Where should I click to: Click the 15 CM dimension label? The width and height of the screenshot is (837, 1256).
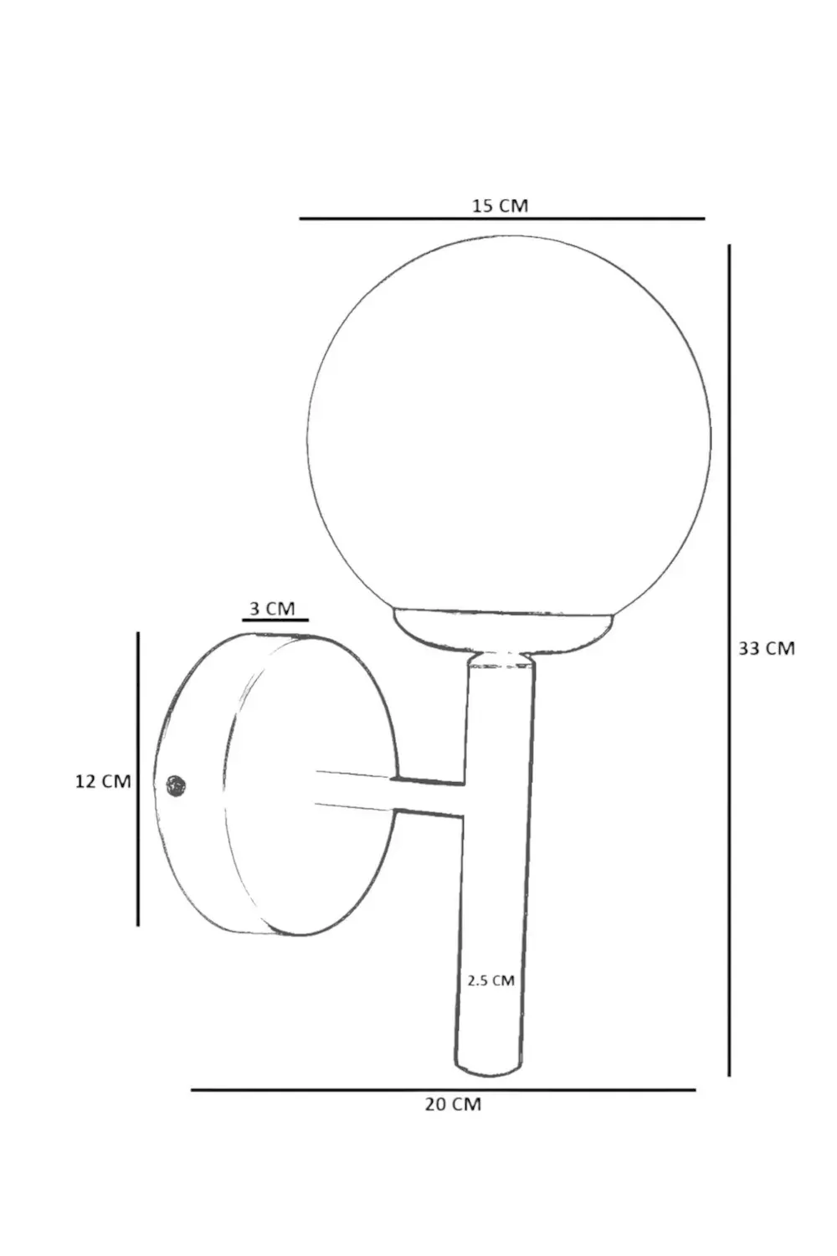pos(500,205)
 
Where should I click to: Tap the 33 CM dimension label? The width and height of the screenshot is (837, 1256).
pos(766,648)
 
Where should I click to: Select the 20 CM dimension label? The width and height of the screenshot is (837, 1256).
pos(453,1104)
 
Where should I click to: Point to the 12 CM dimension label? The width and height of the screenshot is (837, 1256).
pos(103,781)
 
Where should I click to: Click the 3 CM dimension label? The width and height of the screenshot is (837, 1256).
pos(273,608)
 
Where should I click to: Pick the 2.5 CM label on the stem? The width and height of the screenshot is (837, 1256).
pos(491,980)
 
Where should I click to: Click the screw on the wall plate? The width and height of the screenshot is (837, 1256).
pos(176,785)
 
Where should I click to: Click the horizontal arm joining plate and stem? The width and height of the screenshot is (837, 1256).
pos(393,794)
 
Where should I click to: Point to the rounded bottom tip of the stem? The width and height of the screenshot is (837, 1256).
pos(488,1069)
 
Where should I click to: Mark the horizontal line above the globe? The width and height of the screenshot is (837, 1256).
pos(502,219)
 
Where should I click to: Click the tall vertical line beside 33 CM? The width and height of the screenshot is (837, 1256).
pos(729,661)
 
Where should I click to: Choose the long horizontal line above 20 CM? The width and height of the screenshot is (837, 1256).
pos(444,1089)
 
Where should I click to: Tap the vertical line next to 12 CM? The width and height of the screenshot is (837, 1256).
pos(138,779)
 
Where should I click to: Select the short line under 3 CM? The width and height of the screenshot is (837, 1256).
pos(275,620)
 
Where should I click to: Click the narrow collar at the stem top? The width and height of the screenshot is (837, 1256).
pos(501,661)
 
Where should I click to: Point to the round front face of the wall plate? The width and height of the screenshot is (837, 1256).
pos(310,787)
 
